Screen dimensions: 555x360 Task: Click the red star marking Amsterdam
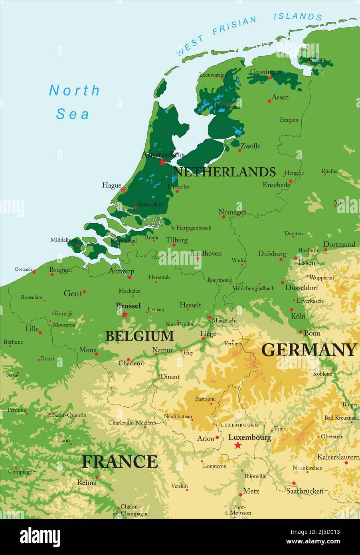coord(162,162)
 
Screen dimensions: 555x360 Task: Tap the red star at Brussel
coord(125,315)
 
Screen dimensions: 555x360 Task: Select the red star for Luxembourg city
coord(238,445)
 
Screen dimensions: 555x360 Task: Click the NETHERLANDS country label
coord(225,172)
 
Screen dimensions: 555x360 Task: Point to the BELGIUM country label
coord(139,336)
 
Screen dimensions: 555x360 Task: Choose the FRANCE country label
coord(120,462)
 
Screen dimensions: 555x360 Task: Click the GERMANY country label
coord(309,350)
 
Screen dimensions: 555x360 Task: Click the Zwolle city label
coord(250,146)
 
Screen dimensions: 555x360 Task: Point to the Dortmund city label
coord(339,244)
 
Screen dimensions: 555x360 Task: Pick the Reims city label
coord(87,482)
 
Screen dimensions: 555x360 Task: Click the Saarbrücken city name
coord(305,491)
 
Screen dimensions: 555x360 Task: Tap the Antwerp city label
coord(121,271)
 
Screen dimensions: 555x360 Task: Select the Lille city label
coord(32,329)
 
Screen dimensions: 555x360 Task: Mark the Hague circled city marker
coord(124,190)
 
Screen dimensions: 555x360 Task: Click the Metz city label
coord(251,491)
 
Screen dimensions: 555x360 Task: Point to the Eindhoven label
coord(206,253)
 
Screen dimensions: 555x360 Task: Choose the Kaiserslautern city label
coord(338,457)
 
